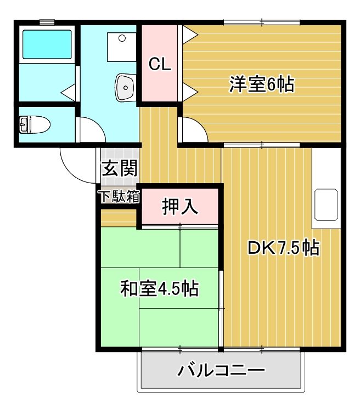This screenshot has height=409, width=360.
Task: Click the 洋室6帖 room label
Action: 261,85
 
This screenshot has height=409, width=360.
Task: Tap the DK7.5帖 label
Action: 283,248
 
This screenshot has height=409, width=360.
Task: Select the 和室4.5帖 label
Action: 159,287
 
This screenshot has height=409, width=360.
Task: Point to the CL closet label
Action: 160,64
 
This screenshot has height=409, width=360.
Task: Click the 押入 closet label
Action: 179,207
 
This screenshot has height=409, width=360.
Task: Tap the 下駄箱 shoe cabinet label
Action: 118,196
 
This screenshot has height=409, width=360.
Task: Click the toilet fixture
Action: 35,125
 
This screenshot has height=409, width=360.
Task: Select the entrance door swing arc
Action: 77,167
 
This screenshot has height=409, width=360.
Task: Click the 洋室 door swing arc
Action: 193,129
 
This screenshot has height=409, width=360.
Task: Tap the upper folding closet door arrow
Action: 189,36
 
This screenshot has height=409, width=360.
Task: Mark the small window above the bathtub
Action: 47,22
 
